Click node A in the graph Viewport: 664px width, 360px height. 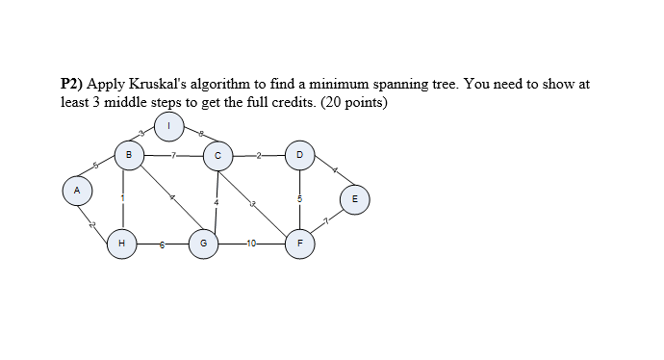point(76,190)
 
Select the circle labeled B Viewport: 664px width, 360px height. point(129,154)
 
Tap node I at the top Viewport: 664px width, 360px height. point(169,125)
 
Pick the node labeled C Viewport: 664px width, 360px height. point(217,154)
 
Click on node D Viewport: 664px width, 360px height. point(299,154)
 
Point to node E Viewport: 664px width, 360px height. point(355,200)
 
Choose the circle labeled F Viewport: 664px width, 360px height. point(299,244)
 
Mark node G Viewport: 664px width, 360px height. point(203,244)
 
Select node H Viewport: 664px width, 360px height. point(121,244)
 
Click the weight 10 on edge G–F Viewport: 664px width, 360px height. point(251,244)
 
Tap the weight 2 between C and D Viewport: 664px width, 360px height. point(258,154)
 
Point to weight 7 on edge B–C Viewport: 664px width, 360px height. point(173,154)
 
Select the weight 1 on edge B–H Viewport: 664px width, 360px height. point(122,198)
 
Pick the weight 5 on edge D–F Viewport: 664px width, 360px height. point(299,199)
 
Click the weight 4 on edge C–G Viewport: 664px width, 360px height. point(217,202)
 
